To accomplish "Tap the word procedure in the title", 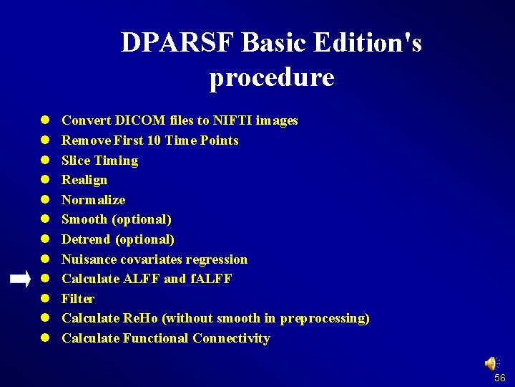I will pyautogui.click(x=272, y=77).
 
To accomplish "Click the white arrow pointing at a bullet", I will pyautogui.click(x=21, y=279).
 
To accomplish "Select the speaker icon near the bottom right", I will pyautogui.click(x=492, y=364).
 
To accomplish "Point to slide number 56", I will pyautogui.click(x=500, y=378).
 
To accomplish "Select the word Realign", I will pyautogui.click(x=84, y=180).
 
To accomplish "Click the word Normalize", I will pyautogui.click(x=93, y=200).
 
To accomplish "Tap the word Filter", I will pyautogui.click(x=78, y=299).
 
